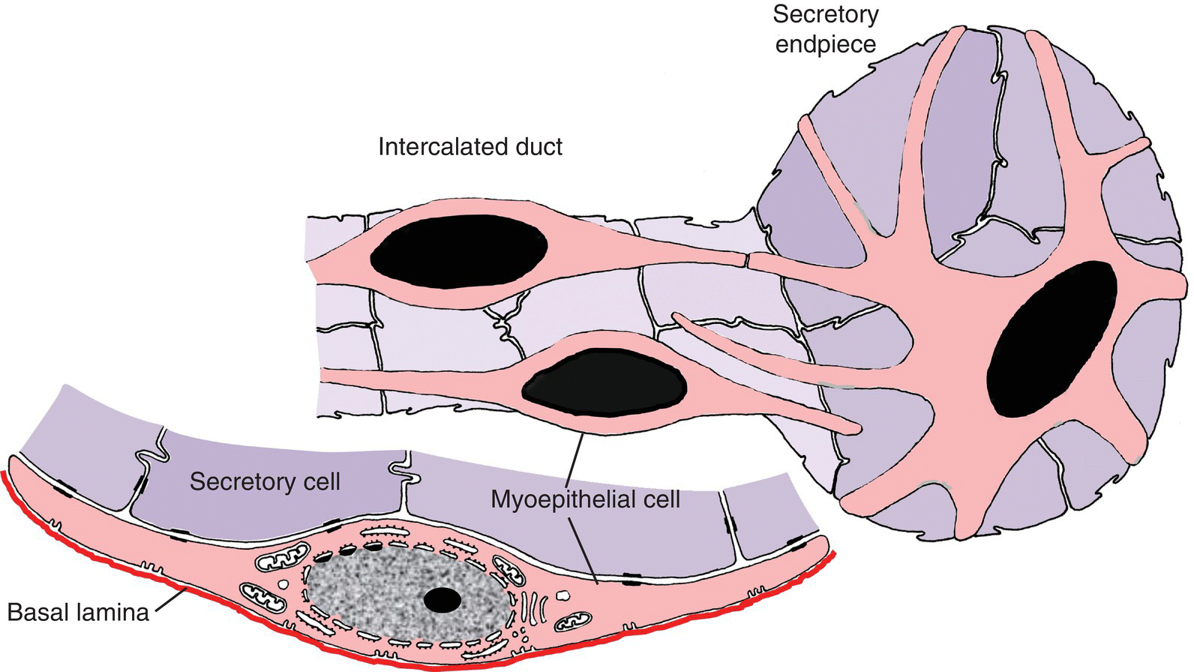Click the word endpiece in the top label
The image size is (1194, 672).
825,43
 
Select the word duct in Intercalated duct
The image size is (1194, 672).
538,146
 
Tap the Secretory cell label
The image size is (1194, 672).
265,481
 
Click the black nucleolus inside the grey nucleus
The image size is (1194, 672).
442,599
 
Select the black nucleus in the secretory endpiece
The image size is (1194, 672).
1051,339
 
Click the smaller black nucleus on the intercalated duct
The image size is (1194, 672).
604,386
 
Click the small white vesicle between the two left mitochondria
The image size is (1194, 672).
283,582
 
